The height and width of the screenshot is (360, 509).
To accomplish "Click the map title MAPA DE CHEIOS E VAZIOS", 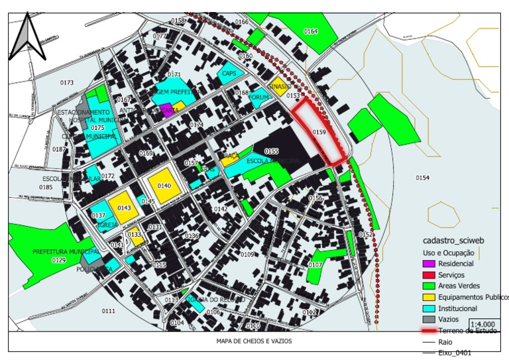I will click(x=254, y=341).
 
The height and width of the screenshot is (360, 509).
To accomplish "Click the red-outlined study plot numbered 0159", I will click(x=319, y=133).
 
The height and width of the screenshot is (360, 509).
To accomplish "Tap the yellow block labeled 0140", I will click(x=164, y=186).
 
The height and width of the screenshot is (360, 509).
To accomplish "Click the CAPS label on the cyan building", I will click(x=229, y=74).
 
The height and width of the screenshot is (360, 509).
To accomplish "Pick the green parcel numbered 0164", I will click(x=311, y=32).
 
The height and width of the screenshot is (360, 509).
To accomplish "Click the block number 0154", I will click(x=423, y=178).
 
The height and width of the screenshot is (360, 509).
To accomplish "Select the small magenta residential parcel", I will click(x=167, y=110).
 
